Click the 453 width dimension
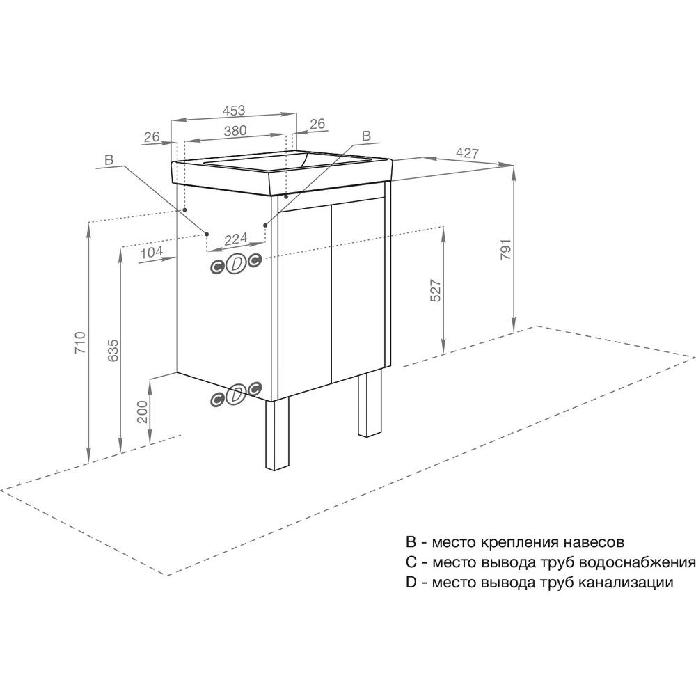233,110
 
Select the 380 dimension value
235,131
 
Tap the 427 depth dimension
468,153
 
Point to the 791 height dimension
506,249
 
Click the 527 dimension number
436,291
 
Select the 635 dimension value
113,350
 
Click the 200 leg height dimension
142,412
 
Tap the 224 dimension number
236,239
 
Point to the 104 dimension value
151,253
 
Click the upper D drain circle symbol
236,264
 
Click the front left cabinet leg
277,434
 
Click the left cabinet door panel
305,302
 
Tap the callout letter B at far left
109,160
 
